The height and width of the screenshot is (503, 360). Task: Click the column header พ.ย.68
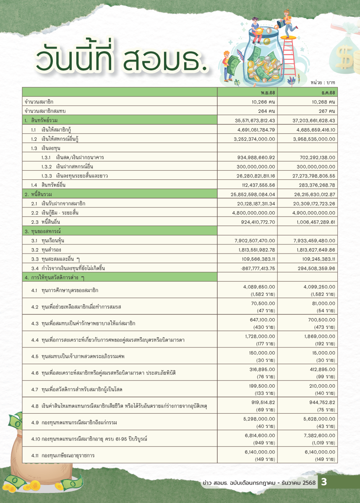tap(267, 92)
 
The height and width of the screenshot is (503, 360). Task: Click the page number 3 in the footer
tap(324, 482)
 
